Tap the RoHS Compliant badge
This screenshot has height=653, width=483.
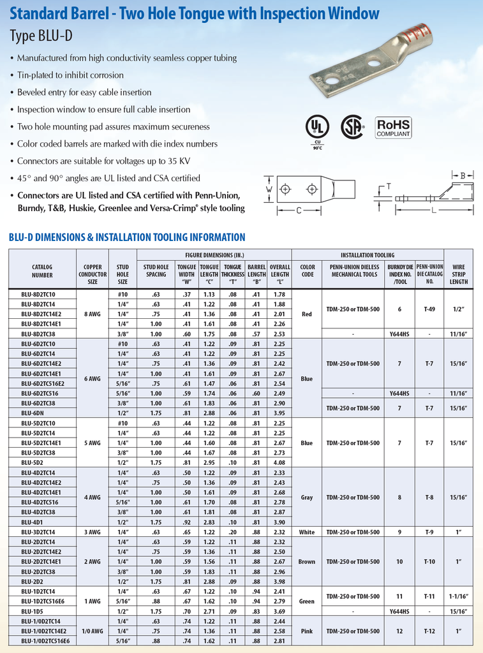[x=393, y=126]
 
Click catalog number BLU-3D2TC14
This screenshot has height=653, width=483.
[x=38, y=532]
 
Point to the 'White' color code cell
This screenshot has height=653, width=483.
[x=307, y=532]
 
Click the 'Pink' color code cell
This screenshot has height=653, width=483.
[x=307, y=631]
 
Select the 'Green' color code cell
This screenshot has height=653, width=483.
[x=307, y=601]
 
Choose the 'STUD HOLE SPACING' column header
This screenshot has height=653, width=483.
[x=156, y=270]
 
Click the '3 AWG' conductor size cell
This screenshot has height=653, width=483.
[x=93, y=532]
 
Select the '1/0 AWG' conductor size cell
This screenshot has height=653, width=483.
[x=93, y=631]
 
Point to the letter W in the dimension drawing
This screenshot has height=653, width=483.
[x=269, y=189]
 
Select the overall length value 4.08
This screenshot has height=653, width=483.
[x=279, y=462]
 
